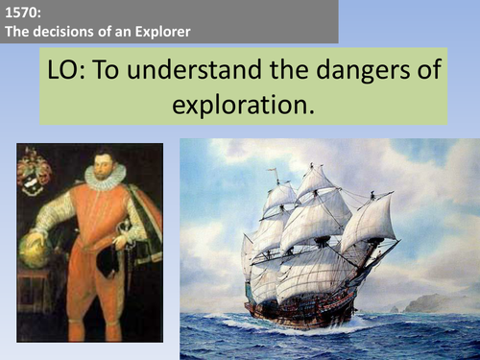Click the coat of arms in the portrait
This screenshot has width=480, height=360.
(35, 173)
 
